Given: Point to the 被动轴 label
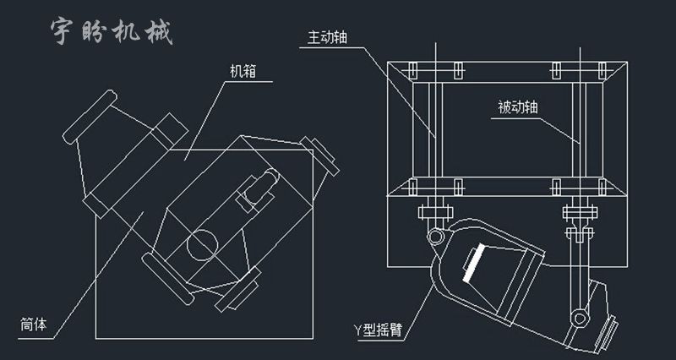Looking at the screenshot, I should (516, 107).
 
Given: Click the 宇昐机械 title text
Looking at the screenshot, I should (111, 31).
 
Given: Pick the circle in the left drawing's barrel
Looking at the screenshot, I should (203, 245).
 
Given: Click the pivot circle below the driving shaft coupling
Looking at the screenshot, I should (434, 234).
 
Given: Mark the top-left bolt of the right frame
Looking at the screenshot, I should (412, 68).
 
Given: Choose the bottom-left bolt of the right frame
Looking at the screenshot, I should (412, 185).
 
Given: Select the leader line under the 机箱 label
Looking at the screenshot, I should (253, 82).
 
